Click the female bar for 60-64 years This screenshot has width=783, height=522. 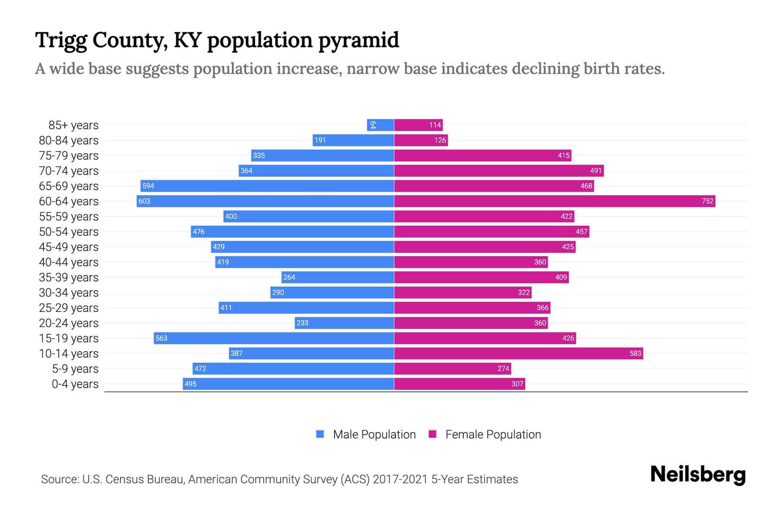click(555, 201)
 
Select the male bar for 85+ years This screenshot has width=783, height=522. click(380, 125)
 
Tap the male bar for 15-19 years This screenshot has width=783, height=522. click(274, 338)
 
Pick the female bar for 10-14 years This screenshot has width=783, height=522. click(519, 353)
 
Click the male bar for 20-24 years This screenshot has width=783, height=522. click(344, 323)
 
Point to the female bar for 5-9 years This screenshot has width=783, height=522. click(452, 368)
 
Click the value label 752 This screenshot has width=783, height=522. click(707, 201)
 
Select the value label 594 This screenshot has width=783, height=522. click(148, 186)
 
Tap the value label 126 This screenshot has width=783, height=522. click(440, 140)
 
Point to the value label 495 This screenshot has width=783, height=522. click(191, 384)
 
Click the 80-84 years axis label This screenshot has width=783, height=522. click(69, 140)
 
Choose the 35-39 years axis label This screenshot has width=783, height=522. click(69, 277)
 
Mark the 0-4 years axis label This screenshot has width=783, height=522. click(75, 384)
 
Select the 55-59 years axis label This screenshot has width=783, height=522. click(69, 216)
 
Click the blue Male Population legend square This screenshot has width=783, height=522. click(320, 434)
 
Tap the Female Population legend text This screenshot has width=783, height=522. click(493, 434)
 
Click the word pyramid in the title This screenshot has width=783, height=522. click(358, 40)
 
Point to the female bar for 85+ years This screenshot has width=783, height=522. click(418, 125)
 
